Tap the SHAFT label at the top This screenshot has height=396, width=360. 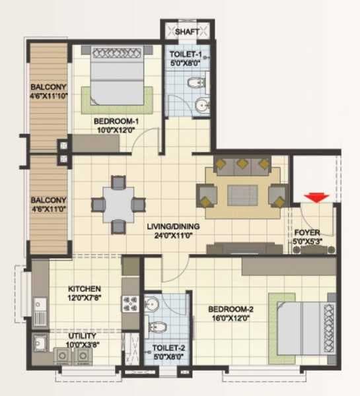[x=186, y=30]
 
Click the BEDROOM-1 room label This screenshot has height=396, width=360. [x=115, y=121]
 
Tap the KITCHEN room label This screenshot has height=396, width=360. [x=85, y=288]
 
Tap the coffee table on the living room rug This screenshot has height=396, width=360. [x=242, y=195]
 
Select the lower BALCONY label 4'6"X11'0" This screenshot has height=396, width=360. [x=47, y=204]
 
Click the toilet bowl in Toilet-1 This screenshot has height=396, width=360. [x=194, y=82]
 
